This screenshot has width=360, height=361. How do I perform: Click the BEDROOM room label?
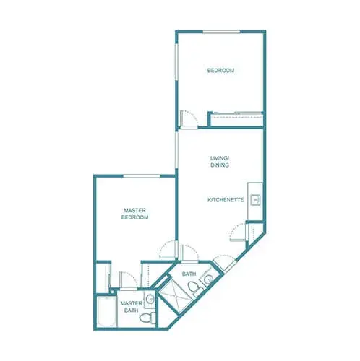click(x=220, y=70)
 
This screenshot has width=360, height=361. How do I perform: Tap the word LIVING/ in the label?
click(x=220, y=157)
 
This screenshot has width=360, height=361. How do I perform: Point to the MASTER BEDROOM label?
click(x=134, y=214)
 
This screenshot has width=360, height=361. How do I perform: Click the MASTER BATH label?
click(x=130, y=307)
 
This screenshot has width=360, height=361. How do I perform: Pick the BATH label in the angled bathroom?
click(x=189, y=274)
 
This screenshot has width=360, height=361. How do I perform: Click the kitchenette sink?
click(x=256, y=199)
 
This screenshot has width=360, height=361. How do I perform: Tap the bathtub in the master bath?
click(x=104, y=312)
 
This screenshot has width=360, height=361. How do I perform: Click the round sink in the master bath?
click(x=150, y=299)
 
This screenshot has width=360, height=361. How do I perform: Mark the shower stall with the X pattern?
click(x=173, y=295)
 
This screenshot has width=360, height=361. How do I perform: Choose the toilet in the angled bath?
click(x=193, y=290)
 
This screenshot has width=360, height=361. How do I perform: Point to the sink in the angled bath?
click(x=208, y=279)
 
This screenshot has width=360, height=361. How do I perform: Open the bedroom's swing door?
click(x=187, y=118)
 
